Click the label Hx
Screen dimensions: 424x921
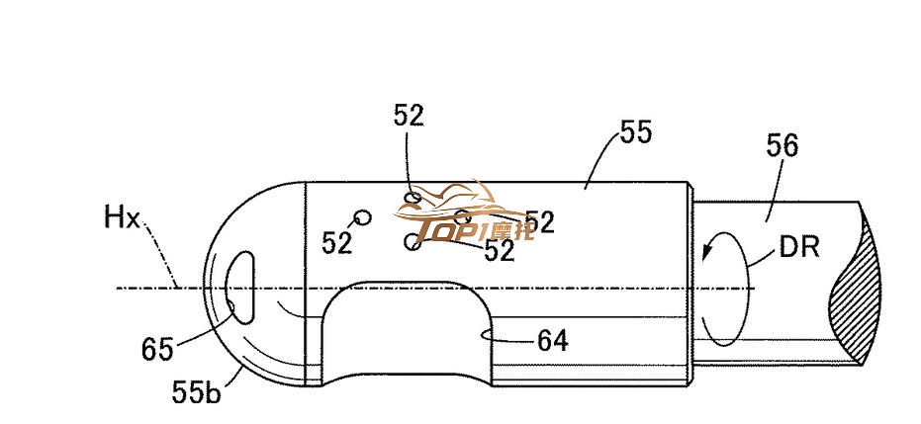click(122, 217)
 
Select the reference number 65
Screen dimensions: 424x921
click(157, 348)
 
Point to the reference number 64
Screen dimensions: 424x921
click(552, 340)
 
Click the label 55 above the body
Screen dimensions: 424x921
click(635, 132)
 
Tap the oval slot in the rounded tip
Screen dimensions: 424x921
click(240, 287)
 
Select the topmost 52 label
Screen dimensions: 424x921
click(408, 117)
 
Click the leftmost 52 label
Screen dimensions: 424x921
click(336, 242)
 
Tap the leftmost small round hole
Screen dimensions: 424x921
click(362, 217)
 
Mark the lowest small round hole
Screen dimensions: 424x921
click(412, 240)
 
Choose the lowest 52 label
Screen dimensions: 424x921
click(500, 251)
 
